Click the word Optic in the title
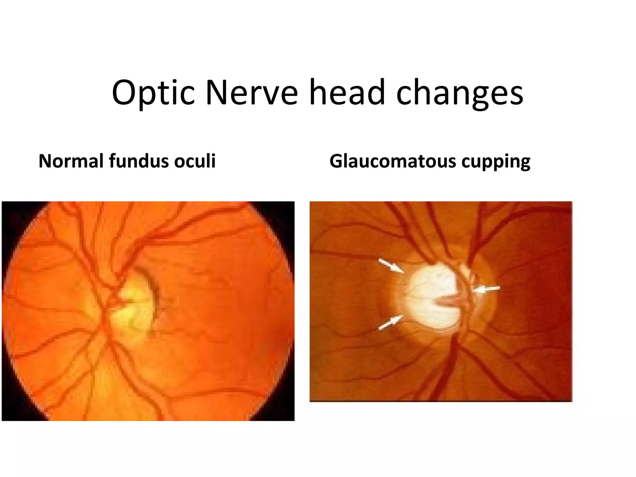point(153,93)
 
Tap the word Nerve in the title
point(252,93)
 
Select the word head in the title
point(347,93)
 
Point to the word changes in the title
point(460,93)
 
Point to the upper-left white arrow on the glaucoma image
point(391,266)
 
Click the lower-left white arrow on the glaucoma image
point(391,322)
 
